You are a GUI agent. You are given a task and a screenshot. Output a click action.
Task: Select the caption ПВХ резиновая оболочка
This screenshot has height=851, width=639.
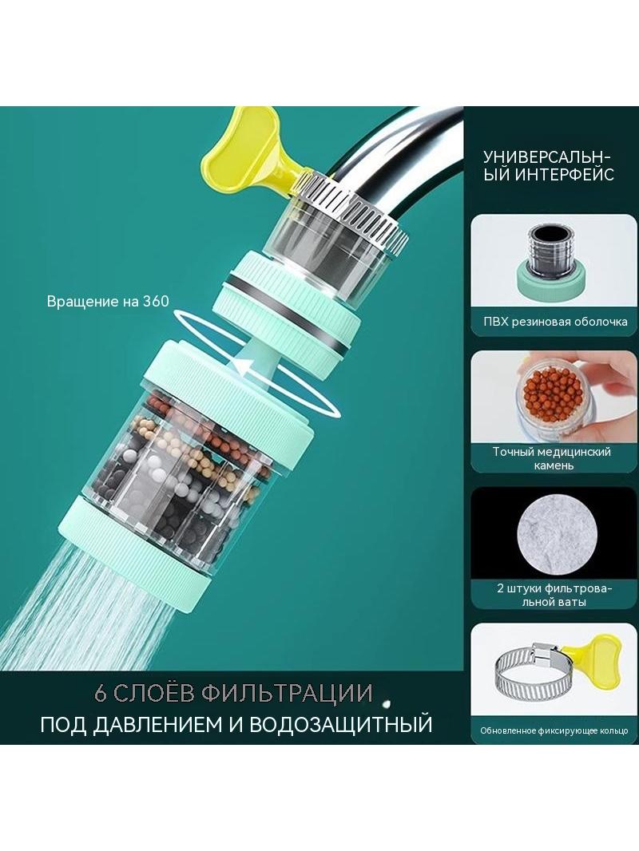pos(555,321)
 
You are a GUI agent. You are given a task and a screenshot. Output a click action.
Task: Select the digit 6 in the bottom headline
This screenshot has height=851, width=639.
pos(100,693)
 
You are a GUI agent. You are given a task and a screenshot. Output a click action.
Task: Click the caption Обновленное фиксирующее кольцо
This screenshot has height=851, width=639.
pos(554,730)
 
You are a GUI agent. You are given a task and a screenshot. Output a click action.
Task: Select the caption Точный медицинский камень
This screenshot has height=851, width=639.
pos(552,458)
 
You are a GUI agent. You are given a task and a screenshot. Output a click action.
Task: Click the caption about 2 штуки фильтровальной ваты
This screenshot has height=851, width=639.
pos(554,595)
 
